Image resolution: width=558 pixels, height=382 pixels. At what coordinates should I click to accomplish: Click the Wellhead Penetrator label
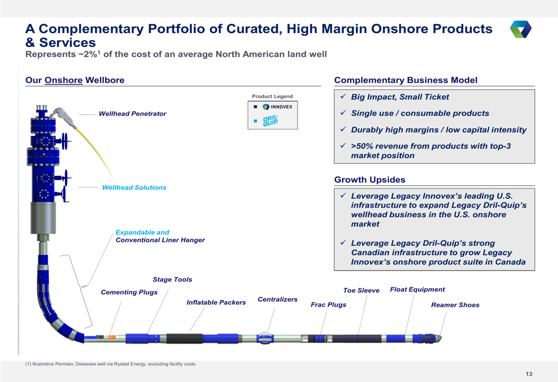click(x=132, y=114)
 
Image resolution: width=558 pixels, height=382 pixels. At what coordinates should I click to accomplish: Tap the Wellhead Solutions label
click(x=134, y=187)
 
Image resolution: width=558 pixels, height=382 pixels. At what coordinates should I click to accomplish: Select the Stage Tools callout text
click(x=172, y=279)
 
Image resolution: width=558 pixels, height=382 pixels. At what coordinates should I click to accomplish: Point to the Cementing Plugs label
click(x=129, y=292)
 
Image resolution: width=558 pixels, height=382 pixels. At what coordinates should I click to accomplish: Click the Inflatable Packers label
click(x=216, y=302)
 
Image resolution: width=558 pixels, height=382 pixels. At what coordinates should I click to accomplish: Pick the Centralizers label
click(x=277, y=299)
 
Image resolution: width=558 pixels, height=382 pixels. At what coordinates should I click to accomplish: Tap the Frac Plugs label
click(x=329, y=305)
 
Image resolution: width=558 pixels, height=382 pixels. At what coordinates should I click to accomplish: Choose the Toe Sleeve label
click(x=361, y=290)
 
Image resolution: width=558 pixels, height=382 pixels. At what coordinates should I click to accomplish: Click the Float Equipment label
click(x=417, y=289)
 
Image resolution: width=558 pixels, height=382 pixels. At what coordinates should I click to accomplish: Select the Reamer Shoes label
click(x=455, y=305)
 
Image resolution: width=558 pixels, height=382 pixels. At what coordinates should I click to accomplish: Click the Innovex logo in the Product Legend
click(x=277, y=107)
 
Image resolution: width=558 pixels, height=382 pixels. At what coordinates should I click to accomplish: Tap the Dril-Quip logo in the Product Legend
click(x=270, y=121)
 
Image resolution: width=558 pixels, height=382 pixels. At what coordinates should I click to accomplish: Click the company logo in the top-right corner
click(x=521, y=29)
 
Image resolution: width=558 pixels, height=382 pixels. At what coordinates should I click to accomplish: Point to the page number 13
click(x=529, y=374)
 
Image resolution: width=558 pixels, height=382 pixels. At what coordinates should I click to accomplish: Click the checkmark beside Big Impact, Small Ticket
click(x=343, y=96)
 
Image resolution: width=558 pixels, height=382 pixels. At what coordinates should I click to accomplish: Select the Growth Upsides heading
click(x=370, y=180)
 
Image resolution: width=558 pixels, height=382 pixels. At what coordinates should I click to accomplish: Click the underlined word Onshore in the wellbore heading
click(x=64, y=80)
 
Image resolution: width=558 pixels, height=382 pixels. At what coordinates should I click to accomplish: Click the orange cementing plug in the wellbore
click(x=112, y=336)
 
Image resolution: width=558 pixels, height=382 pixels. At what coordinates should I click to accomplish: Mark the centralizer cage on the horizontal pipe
click(x=265, y=338)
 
